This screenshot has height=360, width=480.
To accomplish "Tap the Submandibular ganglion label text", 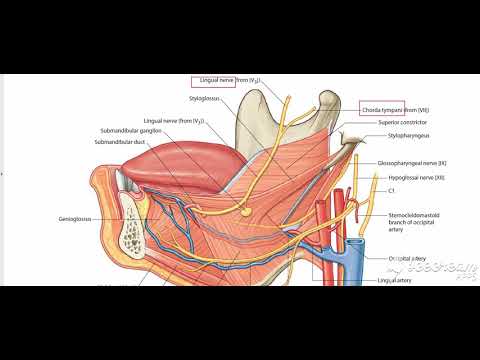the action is pos(135,131).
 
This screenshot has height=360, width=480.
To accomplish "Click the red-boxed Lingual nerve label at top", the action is pos(212,79).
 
